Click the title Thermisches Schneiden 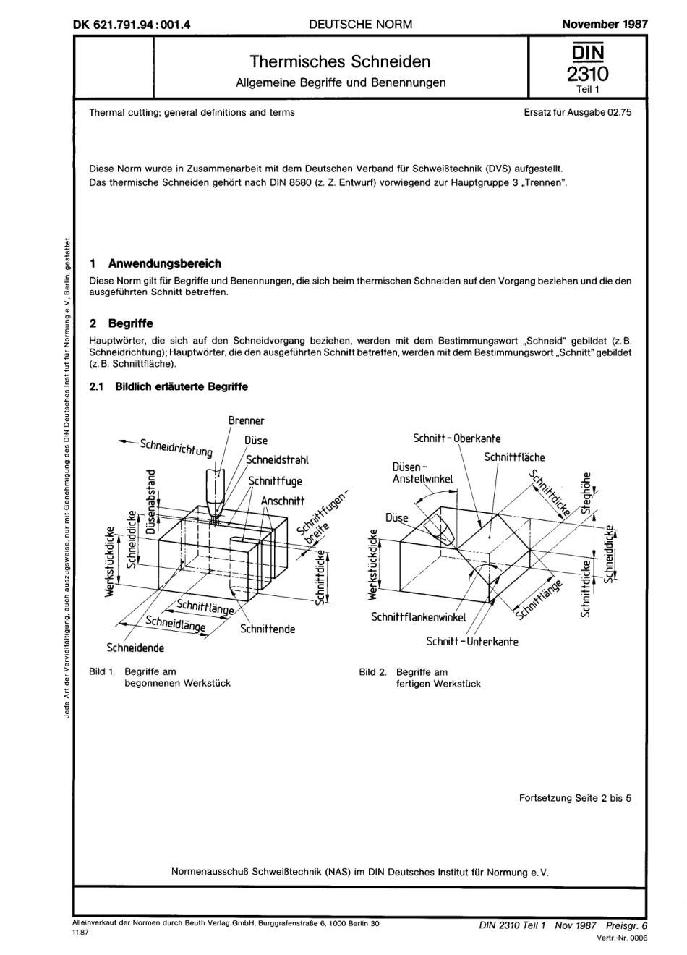(340, 61)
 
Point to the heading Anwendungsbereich (164, 263)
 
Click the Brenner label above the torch (246, 420)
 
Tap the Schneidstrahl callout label (277, 459)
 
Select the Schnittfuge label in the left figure (275, 480)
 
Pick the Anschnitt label (283, 501)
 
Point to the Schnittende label (268, 629)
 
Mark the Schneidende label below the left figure (135, 648)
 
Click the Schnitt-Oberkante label (456, 438)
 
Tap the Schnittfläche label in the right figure (514, 457)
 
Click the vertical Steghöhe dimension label (586, 493)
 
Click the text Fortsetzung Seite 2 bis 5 (575, 798)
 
